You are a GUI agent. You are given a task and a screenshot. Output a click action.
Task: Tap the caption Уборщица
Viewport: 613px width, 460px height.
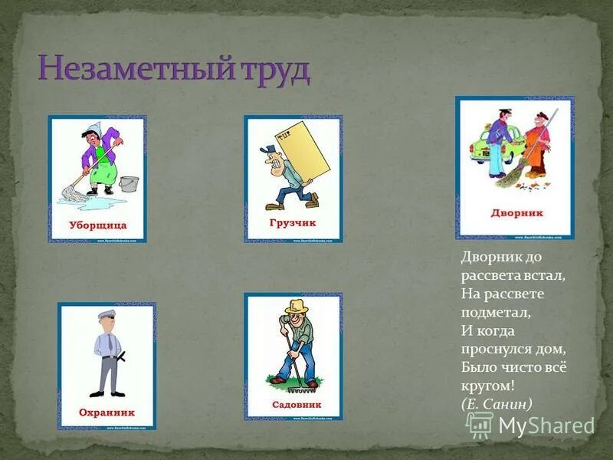[x=97, y=225]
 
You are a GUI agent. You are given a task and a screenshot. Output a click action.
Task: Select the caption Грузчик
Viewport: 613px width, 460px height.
[x=293, y=222]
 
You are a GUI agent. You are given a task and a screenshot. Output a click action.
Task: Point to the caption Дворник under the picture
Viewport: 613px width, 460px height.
[x=516, y=213]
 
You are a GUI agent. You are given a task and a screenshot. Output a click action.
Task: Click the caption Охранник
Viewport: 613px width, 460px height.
[x=107, y=412]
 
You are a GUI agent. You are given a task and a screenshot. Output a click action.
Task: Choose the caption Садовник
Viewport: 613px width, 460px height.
[x=296, y=404]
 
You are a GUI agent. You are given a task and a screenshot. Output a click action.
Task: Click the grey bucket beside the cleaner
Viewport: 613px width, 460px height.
[x=129, y=184]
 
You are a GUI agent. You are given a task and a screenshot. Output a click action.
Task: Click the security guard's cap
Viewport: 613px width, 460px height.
[x=105, y=314]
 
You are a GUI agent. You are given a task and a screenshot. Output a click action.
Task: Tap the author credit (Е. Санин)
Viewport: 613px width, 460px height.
[x=497, y=403]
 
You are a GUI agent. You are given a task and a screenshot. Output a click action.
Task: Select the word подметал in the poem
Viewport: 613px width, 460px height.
[x=496, y=313]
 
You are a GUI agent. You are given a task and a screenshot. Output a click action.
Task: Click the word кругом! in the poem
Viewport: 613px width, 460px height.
[x=487, y=386]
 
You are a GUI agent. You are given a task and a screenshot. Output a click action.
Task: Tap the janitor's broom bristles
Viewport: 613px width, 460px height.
[x=510, y=178]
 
